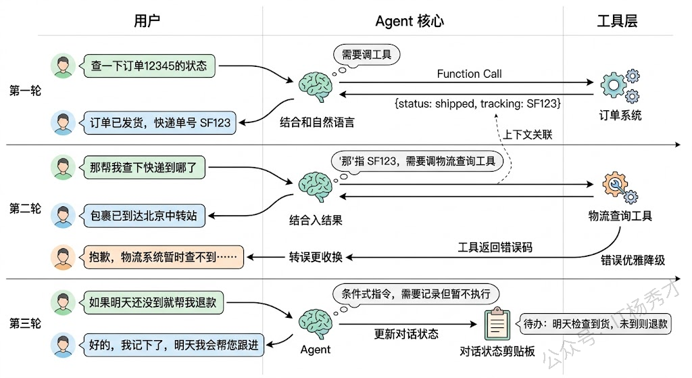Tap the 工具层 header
pyautogui.click(x=617, y=21)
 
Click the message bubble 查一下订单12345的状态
pyautogui.click(x=148, y=66)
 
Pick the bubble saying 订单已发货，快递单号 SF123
pyautogui.click(x=159, y=123)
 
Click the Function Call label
pyautogui.click(x=469, y=74)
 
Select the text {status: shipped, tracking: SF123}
pyautogui.click(x=478, y=105)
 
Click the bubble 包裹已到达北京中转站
pyautogui.click(x=143, y=216)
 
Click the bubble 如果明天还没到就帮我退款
pyautogui.click(x=153, y=302)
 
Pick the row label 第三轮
pyautogui.click(x=25, y=324)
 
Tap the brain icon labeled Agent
pyautogui.click(x=315, y=324)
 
